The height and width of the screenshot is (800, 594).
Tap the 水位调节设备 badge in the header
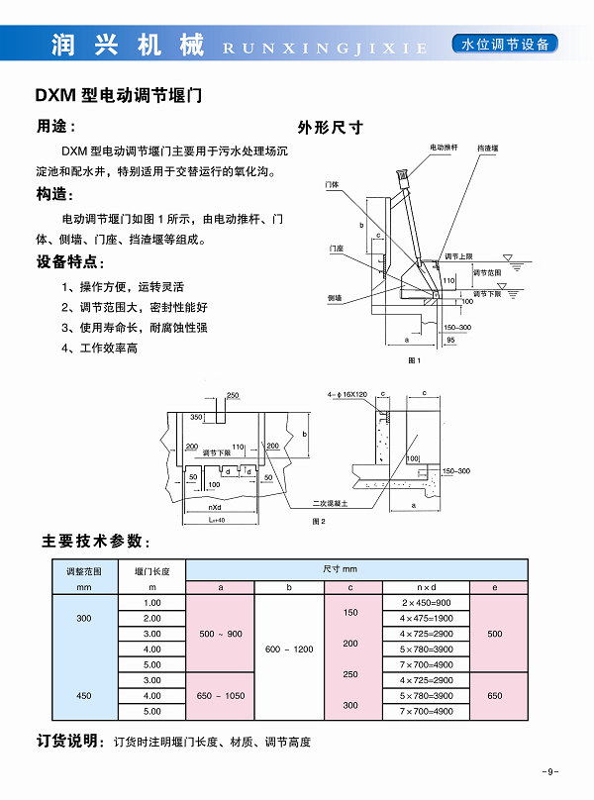click(x=504, y=45)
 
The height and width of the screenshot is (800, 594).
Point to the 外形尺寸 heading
click(x=331, y=127)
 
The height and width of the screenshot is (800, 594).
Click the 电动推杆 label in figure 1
click(x=444, y=147)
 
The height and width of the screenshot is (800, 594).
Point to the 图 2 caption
click(x=319, y=520)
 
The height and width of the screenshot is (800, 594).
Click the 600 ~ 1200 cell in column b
click(x=289, y=649)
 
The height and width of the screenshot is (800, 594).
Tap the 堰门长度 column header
click(x=151, y=571)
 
